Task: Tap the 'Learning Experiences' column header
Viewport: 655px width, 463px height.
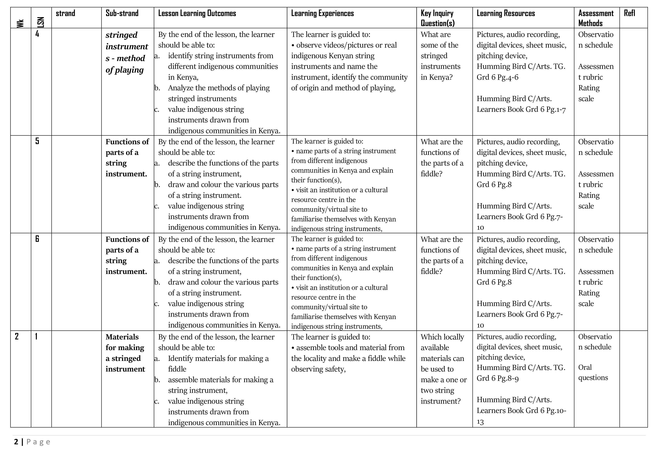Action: [322, 13]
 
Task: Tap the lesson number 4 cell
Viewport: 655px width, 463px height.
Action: [37, 34]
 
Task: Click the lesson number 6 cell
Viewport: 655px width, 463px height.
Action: [37, 239]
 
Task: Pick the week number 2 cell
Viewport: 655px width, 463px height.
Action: [17, 337]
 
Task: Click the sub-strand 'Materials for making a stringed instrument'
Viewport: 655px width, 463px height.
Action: [125, 353]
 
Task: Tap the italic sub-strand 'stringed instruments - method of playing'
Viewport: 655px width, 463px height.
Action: [127, 52]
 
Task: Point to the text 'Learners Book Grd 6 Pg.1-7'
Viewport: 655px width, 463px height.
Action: [521, 110]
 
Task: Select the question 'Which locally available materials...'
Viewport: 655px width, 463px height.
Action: [443, 369]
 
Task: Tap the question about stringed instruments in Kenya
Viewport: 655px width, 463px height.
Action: [440, 56]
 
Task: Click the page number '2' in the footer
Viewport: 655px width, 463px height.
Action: [16, 442]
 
